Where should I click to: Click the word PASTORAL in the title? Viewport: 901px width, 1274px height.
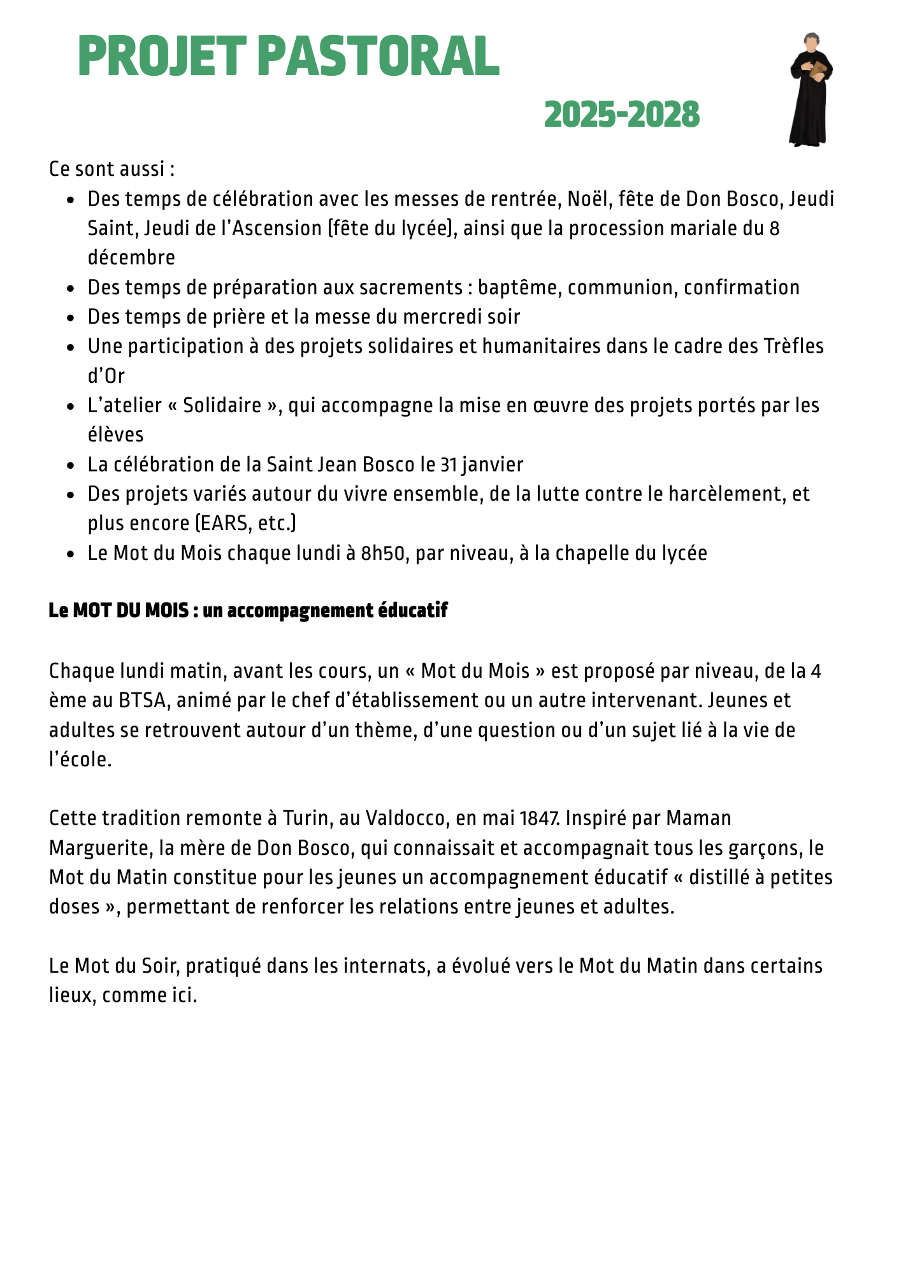coord(380,57)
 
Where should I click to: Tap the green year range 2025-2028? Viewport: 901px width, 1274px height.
coord(622,115)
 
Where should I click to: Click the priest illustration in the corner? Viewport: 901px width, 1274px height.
coord(811,89)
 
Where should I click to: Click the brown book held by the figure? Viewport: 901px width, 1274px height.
coord(818,70)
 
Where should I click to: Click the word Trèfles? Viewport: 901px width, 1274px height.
coord(793,347)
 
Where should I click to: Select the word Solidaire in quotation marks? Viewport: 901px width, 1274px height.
coord(222,406)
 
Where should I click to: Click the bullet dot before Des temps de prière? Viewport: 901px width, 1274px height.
coord(71,317)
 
